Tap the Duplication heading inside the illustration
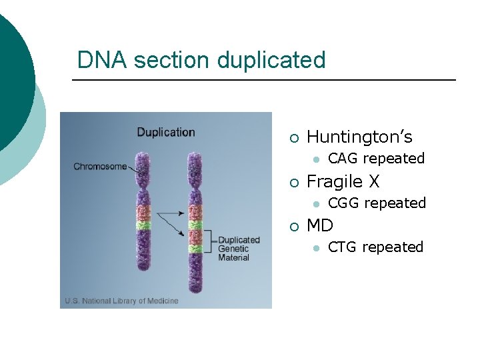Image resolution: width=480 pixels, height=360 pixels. click(166, 132)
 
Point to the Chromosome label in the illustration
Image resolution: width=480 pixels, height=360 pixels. click(99, 167)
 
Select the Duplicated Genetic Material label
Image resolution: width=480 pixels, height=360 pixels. click(239, 249)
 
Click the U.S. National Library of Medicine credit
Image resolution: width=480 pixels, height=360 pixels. click(121, 301)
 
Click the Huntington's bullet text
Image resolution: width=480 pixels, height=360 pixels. click(359, 137)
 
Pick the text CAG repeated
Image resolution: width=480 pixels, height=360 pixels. click(376, 159)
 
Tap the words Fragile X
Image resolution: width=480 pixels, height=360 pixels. click(343, 181)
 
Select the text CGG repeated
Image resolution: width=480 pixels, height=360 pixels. click(377, 203)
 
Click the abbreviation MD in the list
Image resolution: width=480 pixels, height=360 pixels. click(320, 225)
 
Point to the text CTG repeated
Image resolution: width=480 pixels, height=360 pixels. click(376, 247)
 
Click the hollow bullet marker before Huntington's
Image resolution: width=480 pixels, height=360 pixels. click(293, 139)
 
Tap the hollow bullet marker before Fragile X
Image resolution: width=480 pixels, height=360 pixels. click(293, 183)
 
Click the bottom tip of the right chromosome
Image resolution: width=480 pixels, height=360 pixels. click(195, 292)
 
